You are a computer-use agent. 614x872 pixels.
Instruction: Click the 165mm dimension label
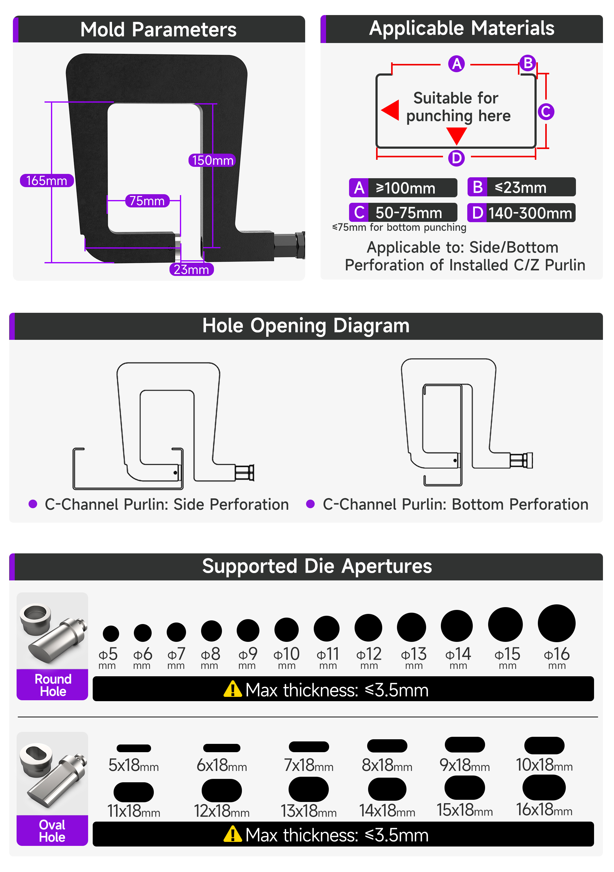[47, 180]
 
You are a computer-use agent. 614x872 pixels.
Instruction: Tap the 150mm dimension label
[212, 160]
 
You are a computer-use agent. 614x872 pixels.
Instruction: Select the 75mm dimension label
[147, 201]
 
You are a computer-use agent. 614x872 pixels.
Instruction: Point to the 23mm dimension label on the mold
[192, 269]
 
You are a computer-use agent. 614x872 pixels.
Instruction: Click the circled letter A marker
[456, 64]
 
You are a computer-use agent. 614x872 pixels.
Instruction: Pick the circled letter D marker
[456, 158]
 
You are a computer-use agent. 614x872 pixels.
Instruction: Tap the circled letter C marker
[546, 112]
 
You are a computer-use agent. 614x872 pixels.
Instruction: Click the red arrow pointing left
[390, 110]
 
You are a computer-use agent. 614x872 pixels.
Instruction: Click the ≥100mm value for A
[405, 188]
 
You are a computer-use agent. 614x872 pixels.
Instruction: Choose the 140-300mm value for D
[530, 213]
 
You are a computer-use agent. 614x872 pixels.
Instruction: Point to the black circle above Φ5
[111, 633]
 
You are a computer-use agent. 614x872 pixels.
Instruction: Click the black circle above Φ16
[556, 623]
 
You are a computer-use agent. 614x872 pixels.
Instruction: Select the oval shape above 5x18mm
[134, 748]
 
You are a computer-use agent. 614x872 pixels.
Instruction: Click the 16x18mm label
[544, 810]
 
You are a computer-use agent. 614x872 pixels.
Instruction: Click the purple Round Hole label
[53, 685]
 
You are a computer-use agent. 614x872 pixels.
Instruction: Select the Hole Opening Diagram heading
[306, 326]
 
